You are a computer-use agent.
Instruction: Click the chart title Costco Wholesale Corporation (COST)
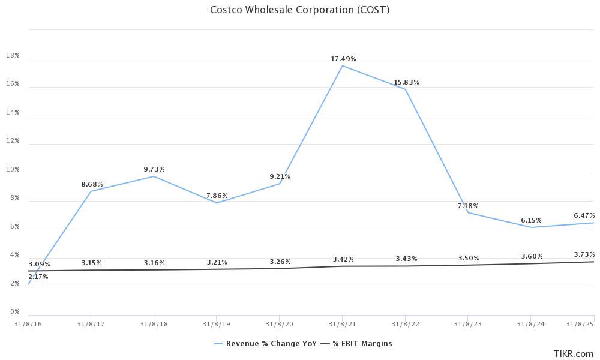pos(299,10)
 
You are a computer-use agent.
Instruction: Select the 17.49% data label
pos(343,59)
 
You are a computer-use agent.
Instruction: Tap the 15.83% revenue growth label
pos(406,82)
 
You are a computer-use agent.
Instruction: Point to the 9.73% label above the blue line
pos(154,169)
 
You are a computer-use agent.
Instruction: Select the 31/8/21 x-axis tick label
pos(342,324)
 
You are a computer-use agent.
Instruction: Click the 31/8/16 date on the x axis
pos(28,324)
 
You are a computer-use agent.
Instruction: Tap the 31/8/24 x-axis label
pos(530,324)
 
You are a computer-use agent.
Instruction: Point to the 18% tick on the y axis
pos(13,56)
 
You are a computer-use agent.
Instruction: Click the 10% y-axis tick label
pos(13,170)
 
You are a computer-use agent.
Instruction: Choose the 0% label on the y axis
pos(14,312)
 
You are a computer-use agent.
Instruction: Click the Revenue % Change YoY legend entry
pos(260,344)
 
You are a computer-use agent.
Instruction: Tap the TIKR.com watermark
pos(574,354)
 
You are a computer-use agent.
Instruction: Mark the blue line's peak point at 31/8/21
pos(343,65)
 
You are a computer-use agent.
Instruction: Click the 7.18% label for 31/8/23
pos(468,206)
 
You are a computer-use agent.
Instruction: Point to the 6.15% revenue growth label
pos(531,220)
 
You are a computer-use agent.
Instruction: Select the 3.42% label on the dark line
pos(343,259)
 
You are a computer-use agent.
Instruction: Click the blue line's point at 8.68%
pos(91,191)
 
